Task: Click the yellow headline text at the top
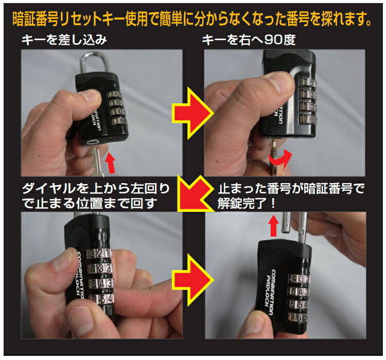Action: pyautogui.click(x=192, y=19)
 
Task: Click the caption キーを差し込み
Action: pyautogui.click(x=64, y=40)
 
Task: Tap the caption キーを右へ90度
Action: pyautogui.click(x=249, y=40)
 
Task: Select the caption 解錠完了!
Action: pyautogui.click(x=246, y=204)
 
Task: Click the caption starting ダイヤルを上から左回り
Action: pyautogui.click(x=96, y=196)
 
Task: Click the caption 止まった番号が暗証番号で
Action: pyautogui.click(x=291, y=189)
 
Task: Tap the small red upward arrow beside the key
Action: pyautogui.click(x=111, y=163)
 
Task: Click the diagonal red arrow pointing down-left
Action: pyautogui.click(x=195, y=194)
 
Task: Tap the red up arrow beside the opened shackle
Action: pyautogui.click(x=273, y=226)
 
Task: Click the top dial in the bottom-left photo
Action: pyautogui.click(x=99, y=254)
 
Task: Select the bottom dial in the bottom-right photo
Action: pyautogui.click(x=298, y=317)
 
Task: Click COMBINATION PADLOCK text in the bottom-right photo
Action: pyautogui.click(x=270, y=292)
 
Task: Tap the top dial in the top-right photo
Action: pyautogui.click(x=307, y=82)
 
